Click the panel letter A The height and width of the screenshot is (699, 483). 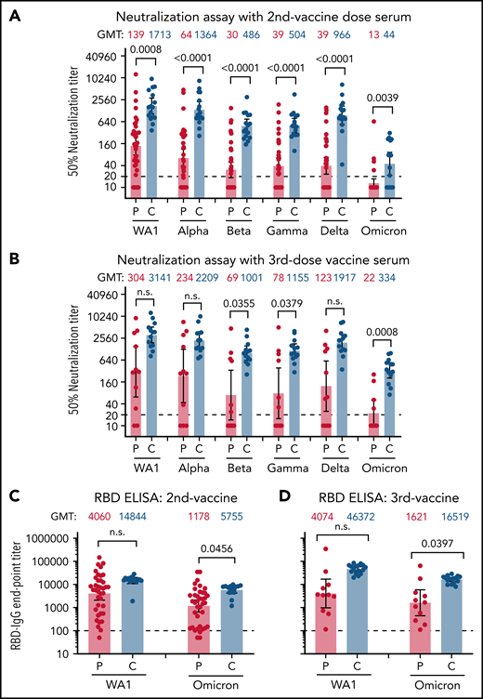(x=10, y=12)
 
